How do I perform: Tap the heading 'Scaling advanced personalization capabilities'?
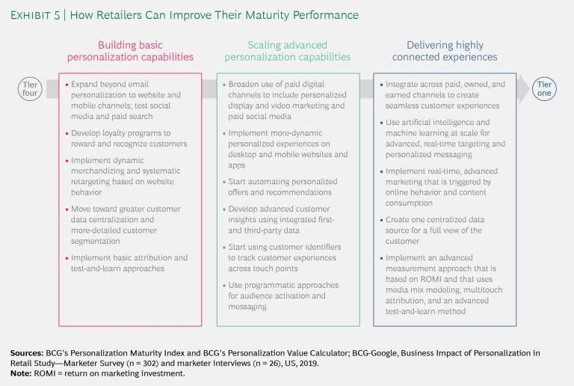tap(287, 51)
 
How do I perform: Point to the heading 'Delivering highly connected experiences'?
tap(445, 51)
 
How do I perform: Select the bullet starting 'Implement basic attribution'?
tap(126, 263)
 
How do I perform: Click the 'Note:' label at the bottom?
tap(22, 373)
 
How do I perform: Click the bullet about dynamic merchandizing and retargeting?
tap(126, 176)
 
